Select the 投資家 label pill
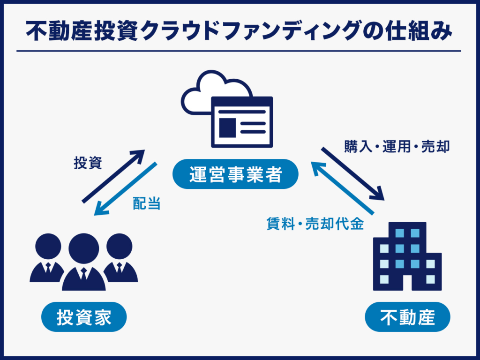84,317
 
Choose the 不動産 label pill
407,317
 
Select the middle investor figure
84,262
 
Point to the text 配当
147,203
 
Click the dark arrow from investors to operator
114,176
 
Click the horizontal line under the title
239,51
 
